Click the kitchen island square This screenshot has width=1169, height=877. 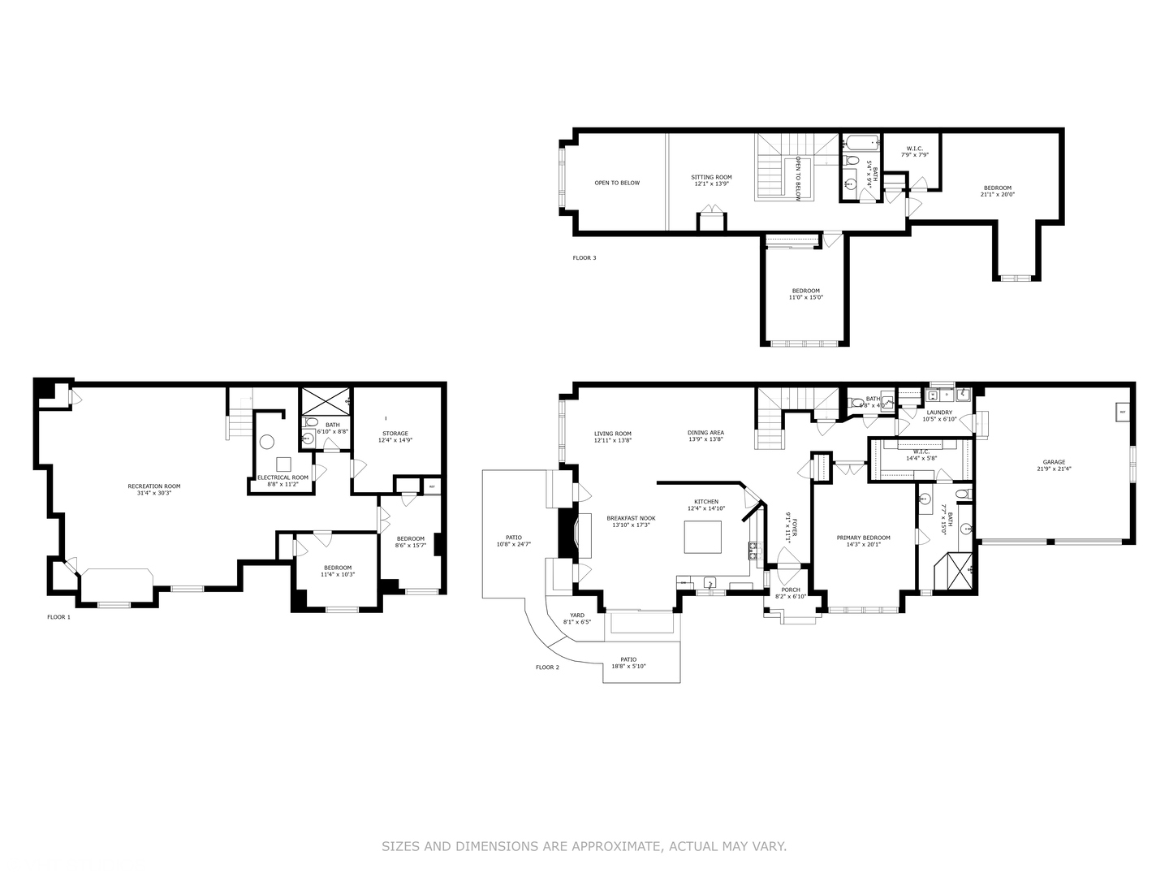(x=703, y=537)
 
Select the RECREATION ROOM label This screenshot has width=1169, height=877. (x=154, y=486)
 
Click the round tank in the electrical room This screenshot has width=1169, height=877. (x=268, y=443)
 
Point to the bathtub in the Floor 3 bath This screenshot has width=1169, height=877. (x=861, y=144)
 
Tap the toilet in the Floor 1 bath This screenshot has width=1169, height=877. (x=311, y=422)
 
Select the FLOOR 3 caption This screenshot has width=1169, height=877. (x=584, y=258)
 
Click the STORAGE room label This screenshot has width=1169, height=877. (x=395, y=433)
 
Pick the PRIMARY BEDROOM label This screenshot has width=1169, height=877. (x=863, y=538)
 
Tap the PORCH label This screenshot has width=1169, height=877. (x=790, y=590)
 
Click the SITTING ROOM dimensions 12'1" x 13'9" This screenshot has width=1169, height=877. (x=711, y=184)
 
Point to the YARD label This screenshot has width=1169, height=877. (x=577, y=616)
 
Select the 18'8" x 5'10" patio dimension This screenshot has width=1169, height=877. (x=628, y=667)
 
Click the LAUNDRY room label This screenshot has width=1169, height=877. (x=939, y=412)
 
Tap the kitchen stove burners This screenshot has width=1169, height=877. (x=754, y=552)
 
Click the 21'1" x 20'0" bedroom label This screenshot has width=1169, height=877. (x=998, y=194)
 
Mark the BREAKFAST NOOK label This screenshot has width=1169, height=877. (x=630, y=518)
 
